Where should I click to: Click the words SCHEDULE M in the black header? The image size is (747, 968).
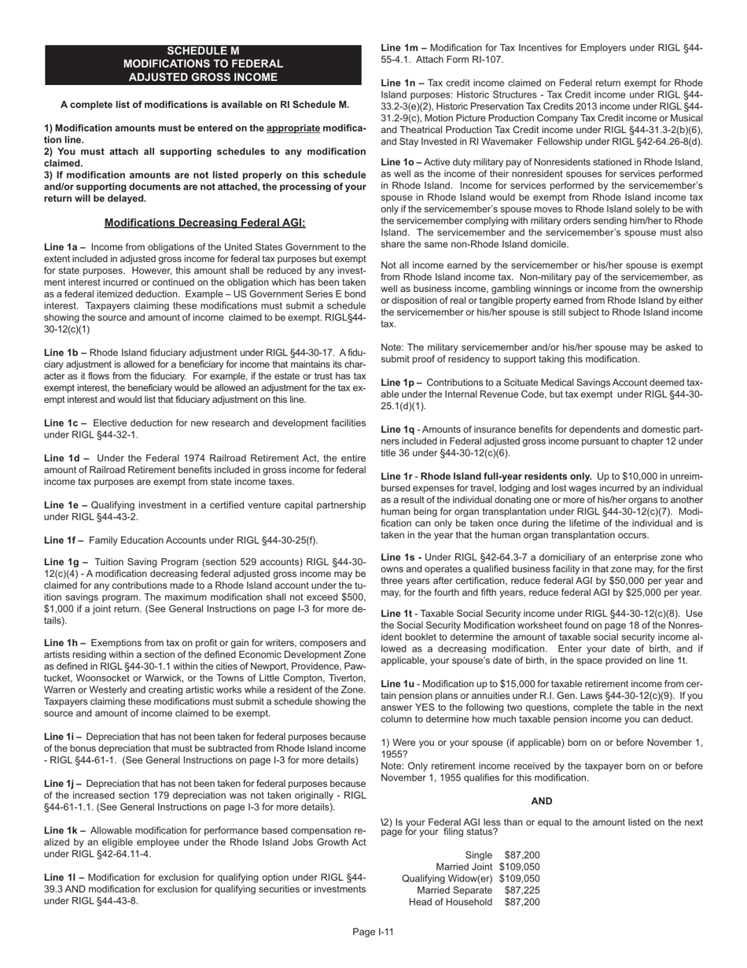[x=203, y=50]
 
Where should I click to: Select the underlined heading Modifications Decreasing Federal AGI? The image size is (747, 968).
[x=204, y=223]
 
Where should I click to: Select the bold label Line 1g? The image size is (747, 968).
[x=66, y=562]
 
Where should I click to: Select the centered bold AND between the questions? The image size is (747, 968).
[x=542, y=801]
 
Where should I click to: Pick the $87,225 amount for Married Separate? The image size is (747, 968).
[x=522, y=890]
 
